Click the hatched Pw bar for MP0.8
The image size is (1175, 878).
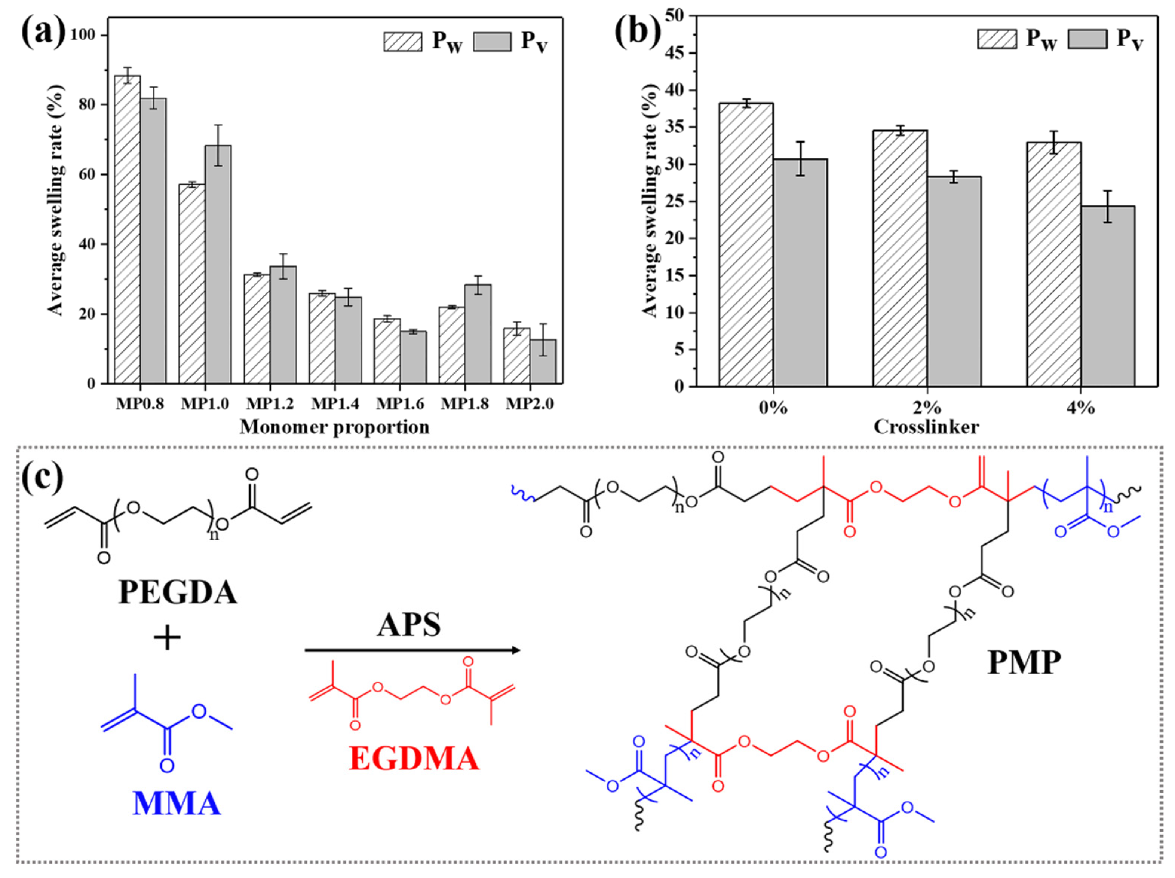(128, 229)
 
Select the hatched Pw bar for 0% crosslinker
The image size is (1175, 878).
(746, 244)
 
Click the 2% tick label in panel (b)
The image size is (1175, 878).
(927, 408)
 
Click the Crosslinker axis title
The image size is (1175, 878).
(927, 427)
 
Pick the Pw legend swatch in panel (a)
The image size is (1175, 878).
(403, 42)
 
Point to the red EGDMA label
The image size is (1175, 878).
(414, 758)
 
